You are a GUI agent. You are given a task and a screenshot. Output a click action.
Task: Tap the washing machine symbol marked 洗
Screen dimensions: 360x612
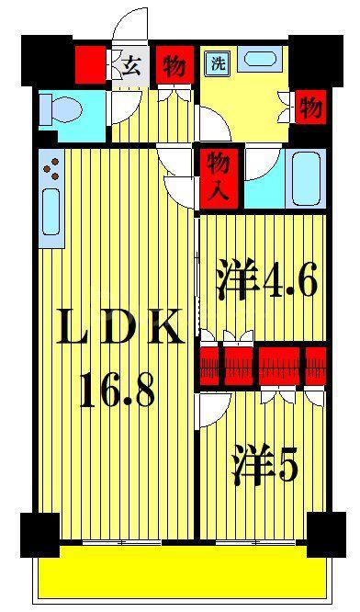coord(218,63)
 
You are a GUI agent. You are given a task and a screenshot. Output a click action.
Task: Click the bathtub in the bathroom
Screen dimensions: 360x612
coord(306,178)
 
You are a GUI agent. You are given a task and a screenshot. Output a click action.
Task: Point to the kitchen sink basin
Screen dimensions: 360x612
coord(51,212)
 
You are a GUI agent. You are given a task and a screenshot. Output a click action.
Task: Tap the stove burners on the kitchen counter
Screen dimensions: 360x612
coord(51,168)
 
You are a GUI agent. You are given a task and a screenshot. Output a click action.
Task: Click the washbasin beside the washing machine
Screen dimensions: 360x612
coord(260,59)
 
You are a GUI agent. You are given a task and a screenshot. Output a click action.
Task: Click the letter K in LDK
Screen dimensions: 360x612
coord(164,327)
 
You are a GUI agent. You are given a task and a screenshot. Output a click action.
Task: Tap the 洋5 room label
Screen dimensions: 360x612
coord(265,464)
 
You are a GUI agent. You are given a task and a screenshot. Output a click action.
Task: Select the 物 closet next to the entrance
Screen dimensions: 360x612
coord(174,65)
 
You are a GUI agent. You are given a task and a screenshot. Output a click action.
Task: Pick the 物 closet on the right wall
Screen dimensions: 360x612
coord(310,107)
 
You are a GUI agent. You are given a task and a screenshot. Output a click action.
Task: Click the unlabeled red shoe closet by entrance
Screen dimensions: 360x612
coord(91,65)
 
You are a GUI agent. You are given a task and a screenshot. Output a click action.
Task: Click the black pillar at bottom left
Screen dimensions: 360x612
coord(40,535)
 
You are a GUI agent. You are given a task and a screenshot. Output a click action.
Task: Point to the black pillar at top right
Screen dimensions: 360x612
coord(316,61)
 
